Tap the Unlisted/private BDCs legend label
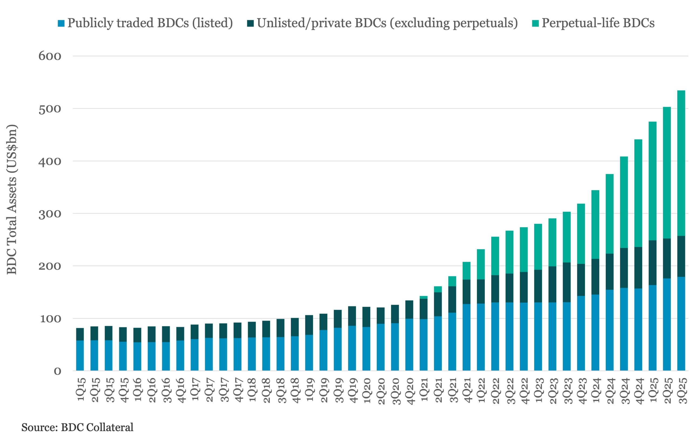[x=387, y=23]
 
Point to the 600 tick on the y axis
[x=50, y=56]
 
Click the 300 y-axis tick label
[x=50, y=214]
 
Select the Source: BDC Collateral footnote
[x=77, y=427]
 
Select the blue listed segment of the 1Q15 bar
[x=80, y=355]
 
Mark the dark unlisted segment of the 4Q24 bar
[x=638, y=268]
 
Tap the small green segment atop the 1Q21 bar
[x=424, y=297]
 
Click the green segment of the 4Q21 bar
[x=466, y=271]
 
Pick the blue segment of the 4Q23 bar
[x=581, y=333]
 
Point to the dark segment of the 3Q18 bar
[x=280, y=328]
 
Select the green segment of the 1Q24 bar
[x=595, y=224]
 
